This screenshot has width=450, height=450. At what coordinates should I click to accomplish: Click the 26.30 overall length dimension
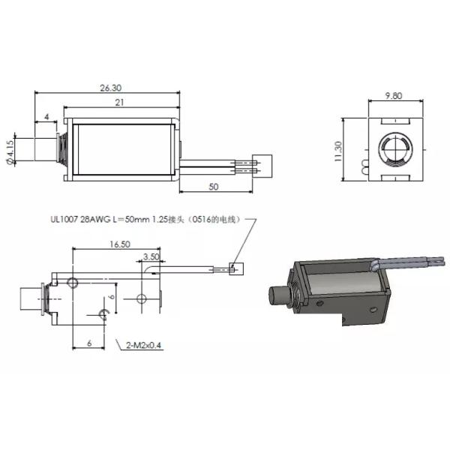[110, 88]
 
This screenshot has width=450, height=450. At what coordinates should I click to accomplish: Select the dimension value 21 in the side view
[119, 103]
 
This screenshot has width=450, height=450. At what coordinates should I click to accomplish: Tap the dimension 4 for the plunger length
[46, 117]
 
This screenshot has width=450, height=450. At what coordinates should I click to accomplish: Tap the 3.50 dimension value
[150, 257]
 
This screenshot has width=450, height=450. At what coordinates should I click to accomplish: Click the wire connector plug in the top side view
[263, 163]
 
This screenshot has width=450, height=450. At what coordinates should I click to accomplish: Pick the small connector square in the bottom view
[235, 267]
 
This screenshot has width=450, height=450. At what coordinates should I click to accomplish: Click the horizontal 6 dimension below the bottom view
[89, 341]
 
